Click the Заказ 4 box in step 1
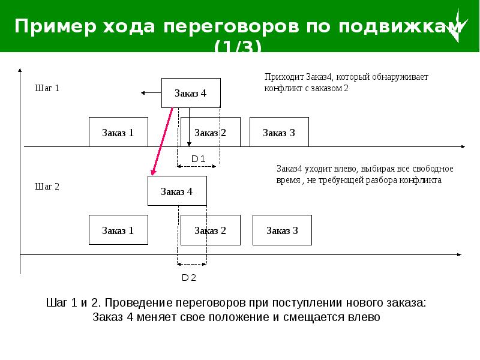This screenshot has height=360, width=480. tap(191, 93)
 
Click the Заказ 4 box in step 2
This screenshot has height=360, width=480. tap(177, 191)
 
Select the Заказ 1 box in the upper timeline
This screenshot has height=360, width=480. tap(118, 132)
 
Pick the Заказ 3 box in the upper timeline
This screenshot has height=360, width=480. tap(279, 132)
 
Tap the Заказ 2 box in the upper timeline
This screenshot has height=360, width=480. tap(210, 132)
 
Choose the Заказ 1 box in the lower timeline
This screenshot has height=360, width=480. tap(118, 230)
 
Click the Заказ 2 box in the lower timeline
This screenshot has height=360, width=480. tap(210, 230)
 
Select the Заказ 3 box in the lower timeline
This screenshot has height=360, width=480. tap(282, 230)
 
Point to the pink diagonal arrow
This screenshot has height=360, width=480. tap(163, 142)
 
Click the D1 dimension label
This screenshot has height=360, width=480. tap(198, 158)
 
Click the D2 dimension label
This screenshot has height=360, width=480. tap(189, 277)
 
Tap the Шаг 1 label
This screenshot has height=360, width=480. tap(47, 88)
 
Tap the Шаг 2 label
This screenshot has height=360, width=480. tap(47, 186)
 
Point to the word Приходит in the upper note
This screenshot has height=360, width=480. tap(284, 77)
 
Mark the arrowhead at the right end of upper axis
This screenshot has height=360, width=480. tap(462, 146)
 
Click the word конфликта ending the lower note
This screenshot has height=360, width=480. tap(421, 179)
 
